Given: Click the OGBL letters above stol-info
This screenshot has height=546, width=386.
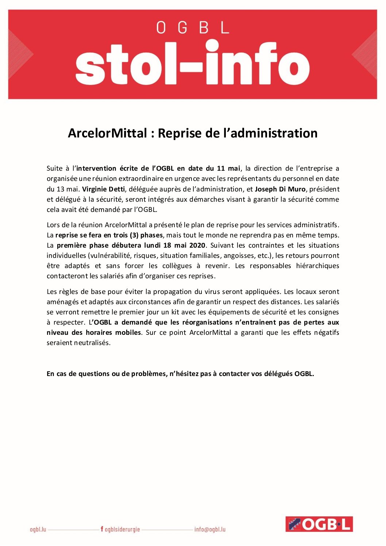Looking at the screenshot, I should point(193,28).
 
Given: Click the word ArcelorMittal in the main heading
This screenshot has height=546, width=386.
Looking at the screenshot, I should point(107,133).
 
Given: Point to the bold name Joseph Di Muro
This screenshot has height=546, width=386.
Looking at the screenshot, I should point(280,189).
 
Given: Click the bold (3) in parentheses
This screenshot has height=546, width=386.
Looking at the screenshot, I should point(134,235).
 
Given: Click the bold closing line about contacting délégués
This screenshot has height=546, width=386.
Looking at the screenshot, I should point(180,373).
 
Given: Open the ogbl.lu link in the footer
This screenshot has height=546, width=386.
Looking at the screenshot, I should point(38,529).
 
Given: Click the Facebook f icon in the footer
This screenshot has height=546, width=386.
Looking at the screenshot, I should point(102,529).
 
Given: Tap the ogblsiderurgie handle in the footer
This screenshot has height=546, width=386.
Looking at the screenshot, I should point(122,529).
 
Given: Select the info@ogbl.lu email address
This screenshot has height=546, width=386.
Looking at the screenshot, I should point(210,529).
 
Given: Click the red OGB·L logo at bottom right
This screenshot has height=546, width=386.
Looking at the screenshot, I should point(319,524).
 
